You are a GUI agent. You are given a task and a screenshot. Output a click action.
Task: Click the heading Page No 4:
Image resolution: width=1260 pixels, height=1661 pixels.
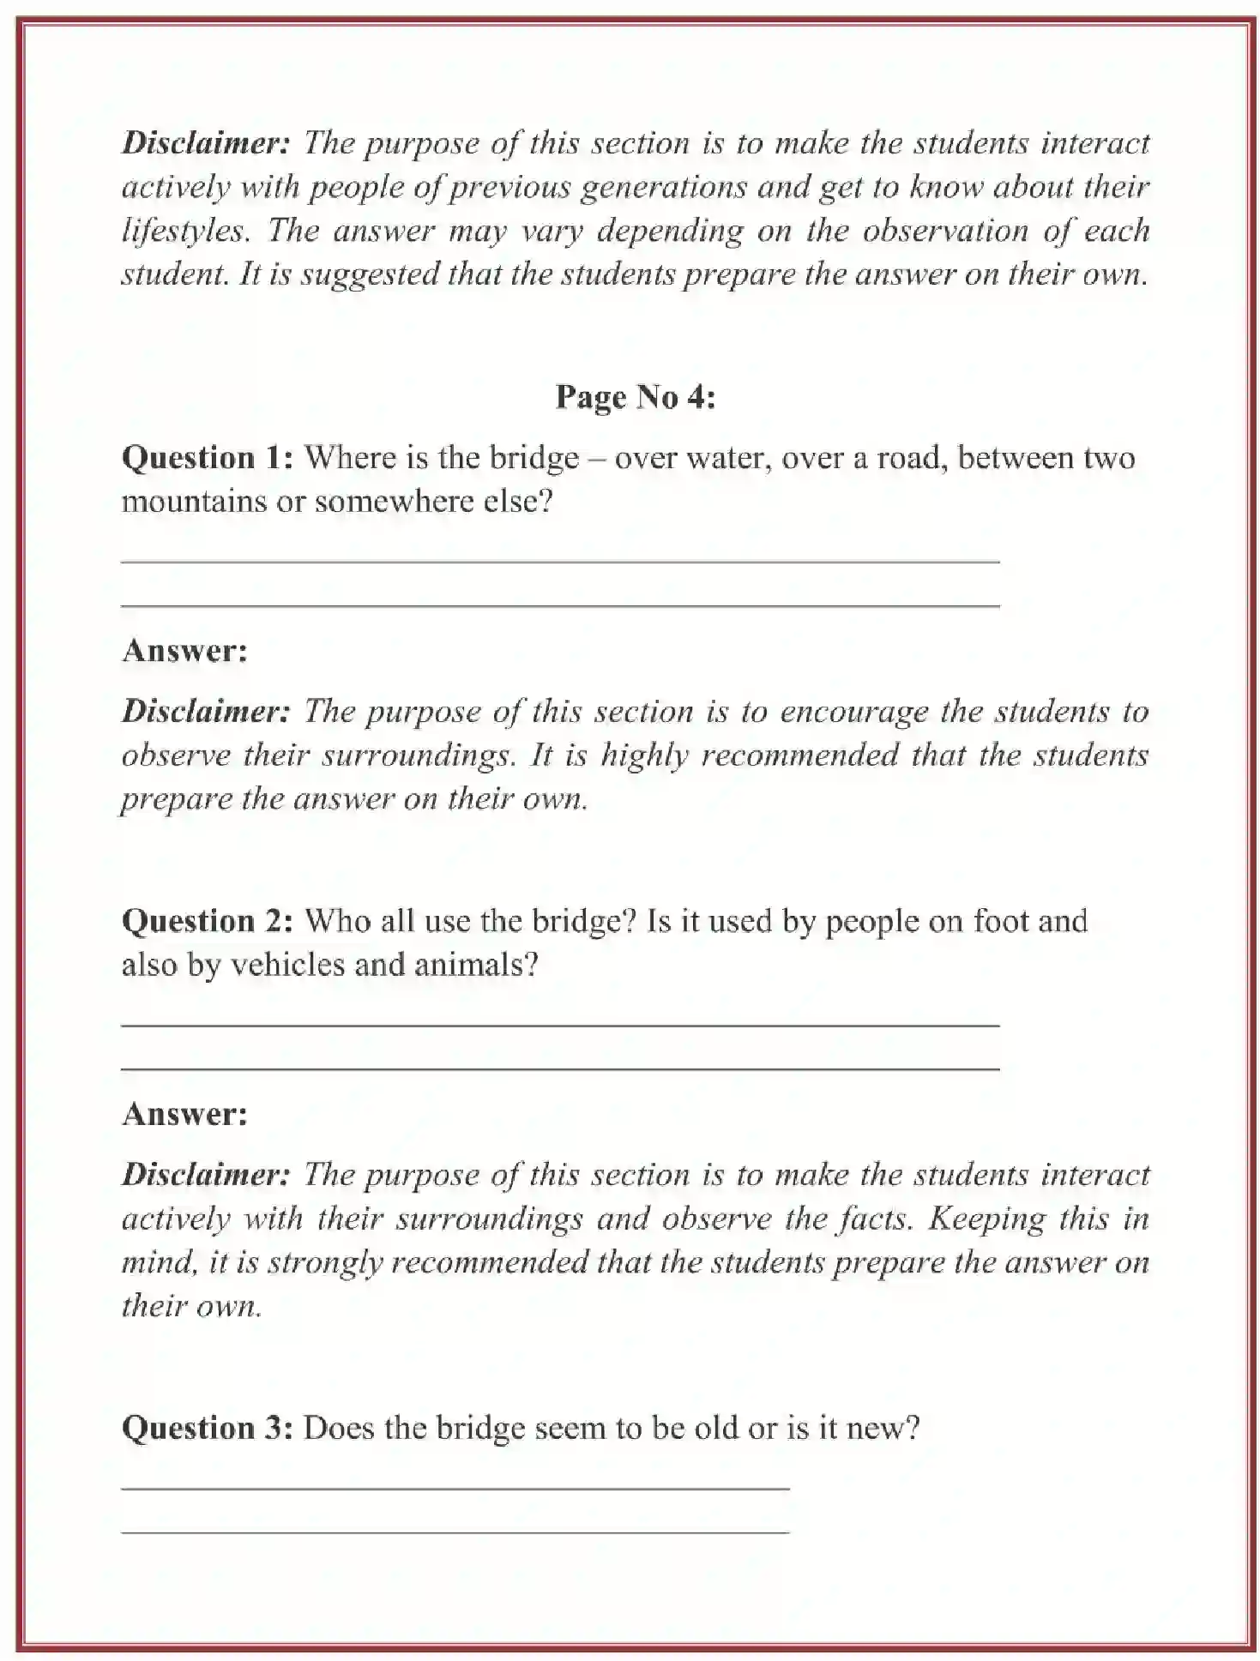pos(635,397)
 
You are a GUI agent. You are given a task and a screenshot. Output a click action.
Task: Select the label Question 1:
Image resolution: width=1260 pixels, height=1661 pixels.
pos(208,458)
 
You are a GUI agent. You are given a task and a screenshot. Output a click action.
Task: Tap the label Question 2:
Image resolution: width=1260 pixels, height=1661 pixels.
pos(208,921)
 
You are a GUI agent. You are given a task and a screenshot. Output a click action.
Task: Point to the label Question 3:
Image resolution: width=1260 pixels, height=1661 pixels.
pos(208,1428)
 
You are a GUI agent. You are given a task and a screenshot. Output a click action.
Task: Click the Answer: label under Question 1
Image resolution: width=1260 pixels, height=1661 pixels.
pos(184,651)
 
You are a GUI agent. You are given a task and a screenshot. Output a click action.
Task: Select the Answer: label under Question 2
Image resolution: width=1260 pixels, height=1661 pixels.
pos(184,1114)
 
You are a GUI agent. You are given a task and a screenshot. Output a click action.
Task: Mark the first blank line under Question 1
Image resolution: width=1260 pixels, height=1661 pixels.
pos(560,562)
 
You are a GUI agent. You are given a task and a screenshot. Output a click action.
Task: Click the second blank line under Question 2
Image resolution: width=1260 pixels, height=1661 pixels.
pos(560,1069)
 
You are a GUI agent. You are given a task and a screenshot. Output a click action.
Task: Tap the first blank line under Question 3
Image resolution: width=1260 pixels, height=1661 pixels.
pos(455,1489)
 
